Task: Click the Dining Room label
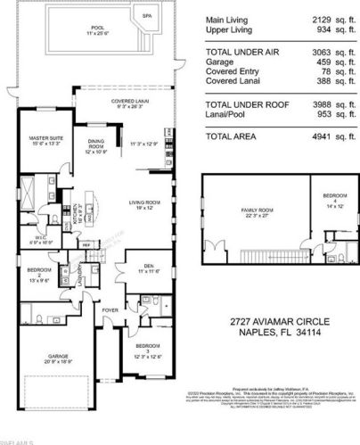(97, 147)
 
